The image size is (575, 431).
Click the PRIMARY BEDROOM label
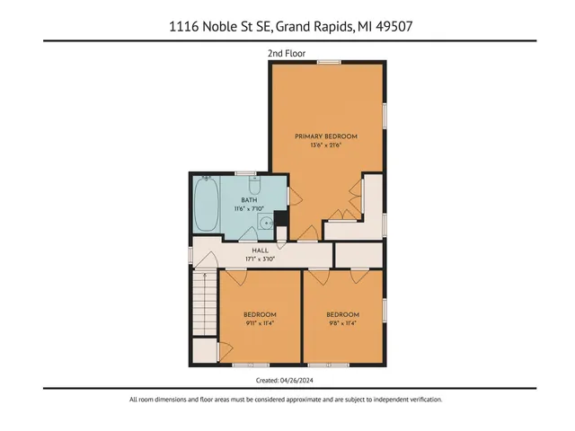pos(326,136)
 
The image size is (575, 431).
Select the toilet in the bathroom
pos(254,187)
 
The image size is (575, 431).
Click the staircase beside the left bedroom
pos(205,319)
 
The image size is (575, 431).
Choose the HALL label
pos(260,251)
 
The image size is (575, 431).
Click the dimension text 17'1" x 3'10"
pos(260,259)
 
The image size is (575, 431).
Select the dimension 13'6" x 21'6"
pos(326,145)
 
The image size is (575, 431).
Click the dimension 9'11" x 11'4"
pos(260,322)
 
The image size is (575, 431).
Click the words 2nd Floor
pos(287,54)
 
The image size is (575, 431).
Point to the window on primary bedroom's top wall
pos(327,61)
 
